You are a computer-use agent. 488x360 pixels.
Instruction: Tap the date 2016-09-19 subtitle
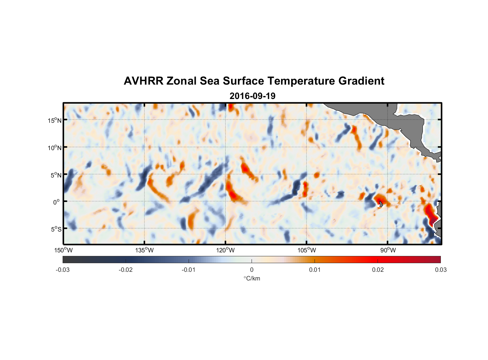[252, 96]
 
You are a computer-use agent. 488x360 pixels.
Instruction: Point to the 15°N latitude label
[55, 120]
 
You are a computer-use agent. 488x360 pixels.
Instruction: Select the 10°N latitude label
[55, 148]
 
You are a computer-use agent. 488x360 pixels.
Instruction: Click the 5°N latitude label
[56, 175]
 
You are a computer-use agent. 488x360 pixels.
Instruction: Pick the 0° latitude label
[57, 202]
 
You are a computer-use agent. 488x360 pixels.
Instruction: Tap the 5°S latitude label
[56, 229]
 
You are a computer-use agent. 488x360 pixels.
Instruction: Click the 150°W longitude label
[64, 250]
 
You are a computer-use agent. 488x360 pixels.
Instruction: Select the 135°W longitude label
[145, 250]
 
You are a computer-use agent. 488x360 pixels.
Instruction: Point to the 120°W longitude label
[226, 250]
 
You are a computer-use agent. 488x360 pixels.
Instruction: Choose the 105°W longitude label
[307, 250]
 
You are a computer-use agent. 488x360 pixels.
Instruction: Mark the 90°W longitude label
[388, 250]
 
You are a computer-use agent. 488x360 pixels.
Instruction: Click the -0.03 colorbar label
[63, 270]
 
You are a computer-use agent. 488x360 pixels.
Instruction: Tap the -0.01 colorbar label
[189, 270]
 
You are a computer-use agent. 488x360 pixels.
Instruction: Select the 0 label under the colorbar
[252, 270]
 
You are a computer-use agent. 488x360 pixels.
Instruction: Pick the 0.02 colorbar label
[378, 270]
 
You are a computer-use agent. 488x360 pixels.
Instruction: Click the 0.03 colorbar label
[440, 270]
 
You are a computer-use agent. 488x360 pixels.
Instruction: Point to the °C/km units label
[252, 278]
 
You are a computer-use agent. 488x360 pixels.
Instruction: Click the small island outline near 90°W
[381, 204]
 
